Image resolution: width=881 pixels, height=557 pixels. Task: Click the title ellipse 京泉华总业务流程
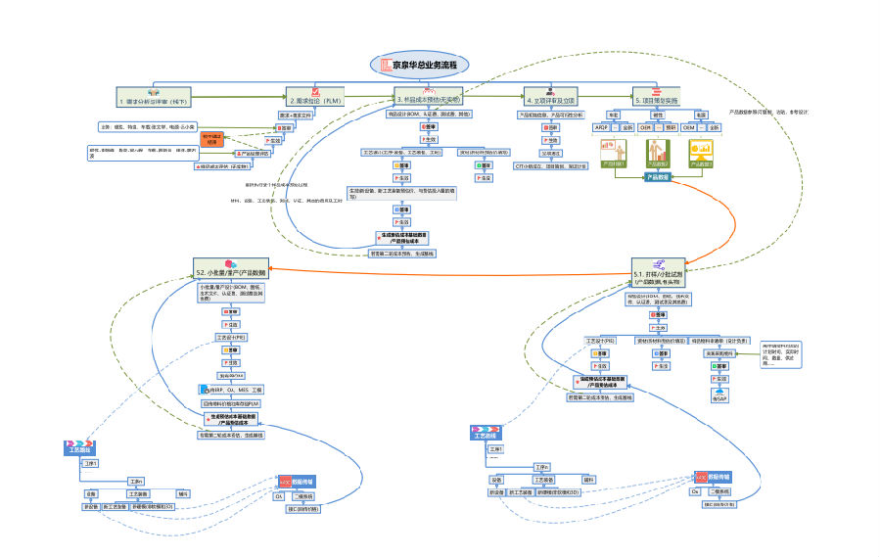(420, 66)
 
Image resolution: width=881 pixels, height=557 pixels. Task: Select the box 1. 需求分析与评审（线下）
(155, 100)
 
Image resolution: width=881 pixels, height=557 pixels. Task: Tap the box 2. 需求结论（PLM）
(314, 100)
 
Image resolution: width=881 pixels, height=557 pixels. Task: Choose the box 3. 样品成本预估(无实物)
(428, 99)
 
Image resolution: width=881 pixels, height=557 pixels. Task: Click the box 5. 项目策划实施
(657, 100)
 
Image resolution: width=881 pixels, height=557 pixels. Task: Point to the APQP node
(601, 127)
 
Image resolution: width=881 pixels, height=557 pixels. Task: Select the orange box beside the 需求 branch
(212, 140)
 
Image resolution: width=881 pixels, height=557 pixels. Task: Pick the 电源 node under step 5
(700, 115)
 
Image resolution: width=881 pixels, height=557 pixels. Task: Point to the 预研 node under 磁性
(671, 127)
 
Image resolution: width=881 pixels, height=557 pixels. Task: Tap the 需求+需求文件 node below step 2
(298, 115)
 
